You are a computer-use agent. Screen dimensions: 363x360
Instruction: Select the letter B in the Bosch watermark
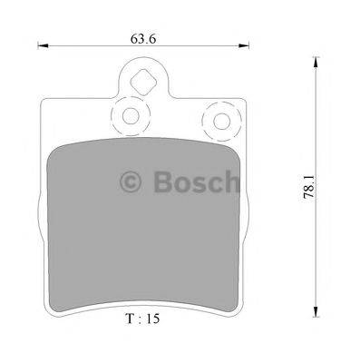click(x=163, y=185)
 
